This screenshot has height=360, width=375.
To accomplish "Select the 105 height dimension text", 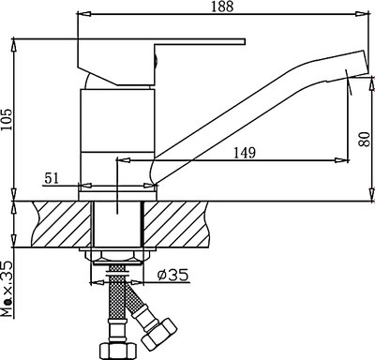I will point(9,114).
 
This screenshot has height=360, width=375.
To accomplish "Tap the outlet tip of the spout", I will point(353,67).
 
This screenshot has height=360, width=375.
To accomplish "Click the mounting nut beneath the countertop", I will point(114,256).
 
